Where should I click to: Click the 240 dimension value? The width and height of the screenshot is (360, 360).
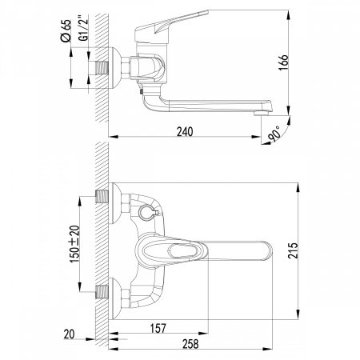pyautogui.click(x=185, y=132)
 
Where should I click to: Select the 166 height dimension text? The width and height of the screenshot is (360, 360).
pyautogui.click(x=283, y=62)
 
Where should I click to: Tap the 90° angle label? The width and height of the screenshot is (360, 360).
pyautogui.click(x=274, y=134)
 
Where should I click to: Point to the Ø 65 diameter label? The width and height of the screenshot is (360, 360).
pyautogui.click(x=66, y=30)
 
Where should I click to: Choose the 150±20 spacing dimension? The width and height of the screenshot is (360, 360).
pyautogui.click(x=74, y=244)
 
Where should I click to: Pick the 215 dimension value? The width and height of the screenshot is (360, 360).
pyautogui.click(x=293, y=250)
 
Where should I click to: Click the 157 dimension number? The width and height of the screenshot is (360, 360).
pyautogui.click(x=158, y=328)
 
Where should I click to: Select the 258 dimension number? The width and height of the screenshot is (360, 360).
pyautogui.click(x=190, y=344)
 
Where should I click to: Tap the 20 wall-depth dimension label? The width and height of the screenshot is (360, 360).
pyautogui.click(x=69, y=334)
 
